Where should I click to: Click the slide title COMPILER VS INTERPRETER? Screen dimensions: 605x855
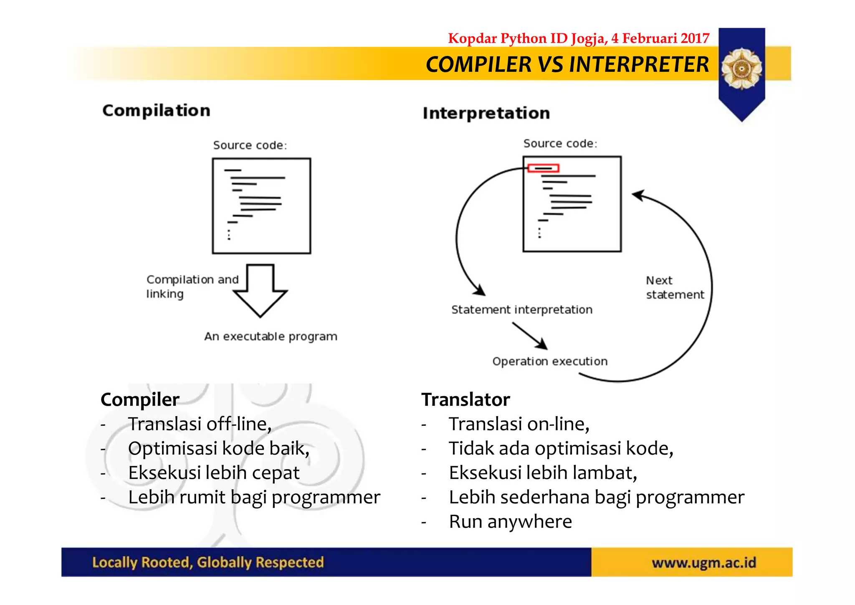(x=567, y=65)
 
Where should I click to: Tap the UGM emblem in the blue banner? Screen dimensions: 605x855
(x=741, y=69)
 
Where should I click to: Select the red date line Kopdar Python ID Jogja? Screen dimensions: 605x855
(x=579, y=38)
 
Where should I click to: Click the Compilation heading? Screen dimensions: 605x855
(x=156, y=111)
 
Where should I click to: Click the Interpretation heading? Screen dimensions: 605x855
(x=486, y=113)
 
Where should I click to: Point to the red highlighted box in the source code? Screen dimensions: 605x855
(x=543, y=168)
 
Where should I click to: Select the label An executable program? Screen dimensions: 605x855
(x=271, y=336)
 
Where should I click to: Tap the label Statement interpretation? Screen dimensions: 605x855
(x=521, y=310)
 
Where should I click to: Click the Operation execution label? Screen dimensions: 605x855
(x=549, y=361)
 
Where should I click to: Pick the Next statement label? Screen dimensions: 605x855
(x=674, y=287)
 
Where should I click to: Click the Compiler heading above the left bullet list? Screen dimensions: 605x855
(x=140, y=400)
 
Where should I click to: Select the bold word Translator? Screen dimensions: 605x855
(x=465, y=400)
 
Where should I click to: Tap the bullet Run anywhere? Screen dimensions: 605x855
(x=510, y=521)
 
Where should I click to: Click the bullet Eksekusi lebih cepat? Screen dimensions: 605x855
(x=213, y=473)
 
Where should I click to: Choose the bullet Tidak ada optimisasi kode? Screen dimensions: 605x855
(x=561, y=449)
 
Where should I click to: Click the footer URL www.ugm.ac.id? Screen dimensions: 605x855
(x=703, y=563)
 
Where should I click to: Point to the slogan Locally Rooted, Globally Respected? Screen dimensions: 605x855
(x=208, y=562)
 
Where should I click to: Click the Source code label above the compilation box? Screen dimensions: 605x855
(x=250, y=145)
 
